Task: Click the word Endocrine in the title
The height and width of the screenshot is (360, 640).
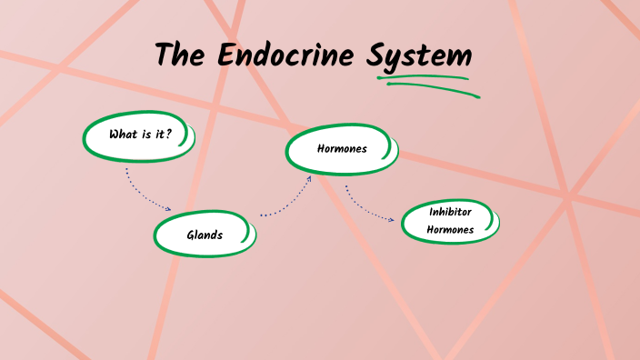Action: [288, 55]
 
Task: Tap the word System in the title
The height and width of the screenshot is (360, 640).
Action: [419, 56]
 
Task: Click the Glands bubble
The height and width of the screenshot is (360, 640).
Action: [205, 235]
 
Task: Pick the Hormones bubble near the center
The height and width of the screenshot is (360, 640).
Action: [341, 149]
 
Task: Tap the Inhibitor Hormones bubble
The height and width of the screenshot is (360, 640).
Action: [450, 221]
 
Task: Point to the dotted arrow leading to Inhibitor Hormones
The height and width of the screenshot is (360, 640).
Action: [367, 208]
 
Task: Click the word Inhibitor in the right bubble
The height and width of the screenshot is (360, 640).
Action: [450, 212]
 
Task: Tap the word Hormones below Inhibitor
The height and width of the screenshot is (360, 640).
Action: [450, 230]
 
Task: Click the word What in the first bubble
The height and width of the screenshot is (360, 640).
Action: [122, 135]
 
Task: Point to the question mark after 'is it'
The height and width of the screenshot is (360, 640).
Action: [169, 135]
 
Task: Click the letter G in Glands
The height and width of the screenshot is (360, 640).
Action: [191, 235]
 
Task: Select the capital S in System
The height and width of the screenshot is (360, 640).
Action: [377, 56]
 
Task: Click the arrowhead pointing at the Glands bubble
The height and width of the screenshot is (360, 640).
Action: [169, 209]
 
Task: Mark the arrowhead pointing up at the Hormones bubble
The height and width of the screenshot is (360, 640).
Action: [310, 178]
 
